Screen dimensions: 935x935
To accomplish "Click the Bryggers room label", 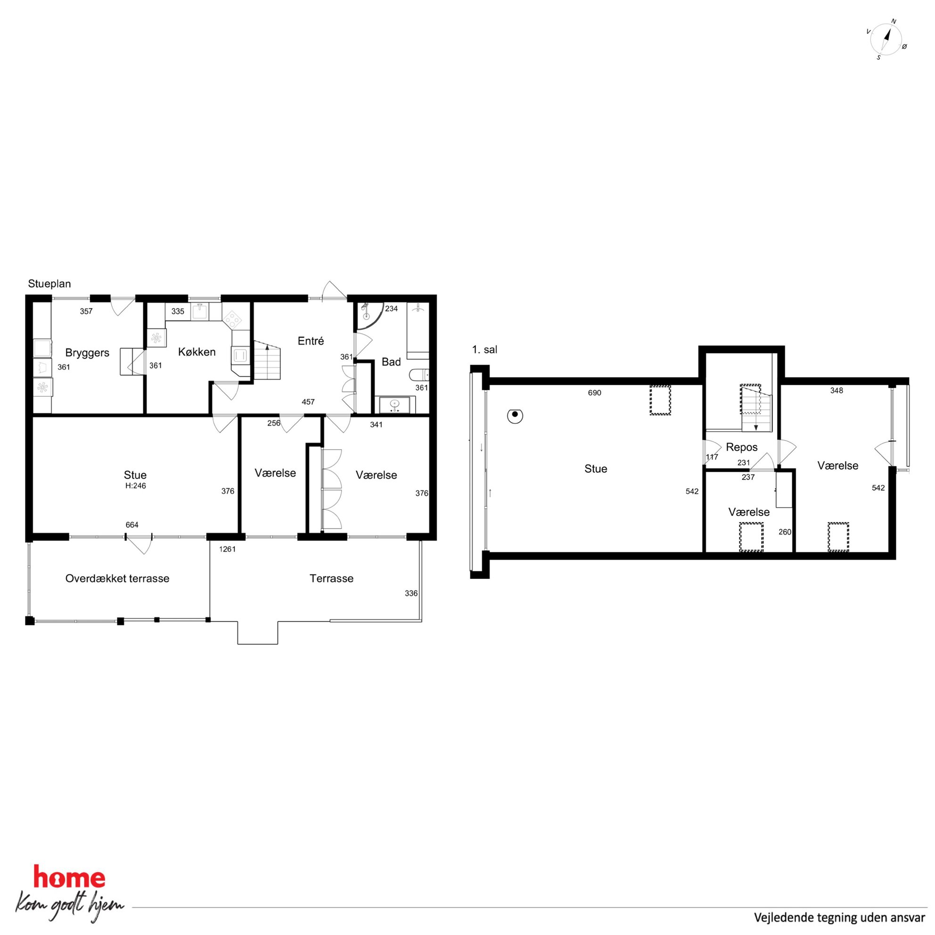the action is click(x=87, y=353).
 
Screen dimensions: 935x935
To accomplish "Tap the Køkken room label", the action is click(x=197, y=352).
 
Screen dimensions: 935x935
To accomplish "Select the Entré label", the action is click(x=311, y=341).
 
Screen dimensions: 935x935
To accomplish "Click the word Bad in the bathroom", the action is click(x=391, y=362).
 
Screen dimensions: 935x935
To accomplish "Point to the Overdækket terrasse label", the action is click(x=117, y=578).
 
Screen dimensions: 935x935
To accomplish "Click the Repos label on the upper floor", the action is click(x=741, y=447).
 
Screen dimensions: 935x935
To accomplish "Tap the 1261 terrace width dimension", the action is click(x=227, y=549).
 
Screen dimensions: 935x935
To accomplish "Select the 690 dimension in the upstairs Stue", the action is click(x=594, y=393).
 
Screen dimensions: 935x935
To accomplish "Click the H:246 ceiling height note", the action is click(x=136, y=486).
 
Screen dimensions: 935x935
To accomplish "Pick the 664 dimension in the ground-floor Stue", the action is click(x=131, y=525).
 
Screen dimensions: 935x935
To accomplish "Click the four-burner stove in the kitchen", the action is click(x=232, y=320).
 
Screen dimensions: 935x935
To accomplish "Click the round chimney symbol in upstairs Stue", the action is click(x=515, y=415).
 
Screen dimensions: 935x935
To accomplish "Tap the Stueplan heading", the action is click(x=49, y=284).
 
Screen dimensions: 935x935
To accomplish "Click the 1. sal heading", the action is click(x=484, y=349).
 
